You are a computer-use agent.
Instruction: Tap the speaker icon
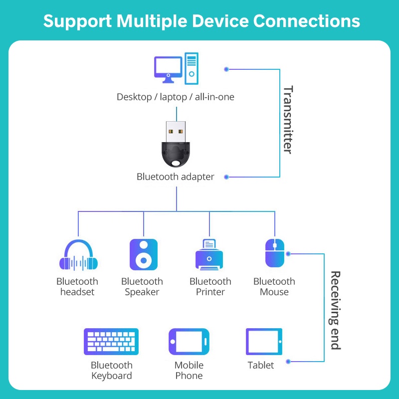[x=144, y=255]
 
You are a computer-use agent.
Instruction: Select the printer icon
[x=209, y=255]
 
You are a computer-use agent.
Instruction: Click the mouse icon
[x=274, y=253]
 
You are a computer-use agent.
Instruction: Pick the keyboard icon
[x=111, y=341]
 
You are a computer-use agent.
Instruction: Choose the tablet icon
[x=264, y=342]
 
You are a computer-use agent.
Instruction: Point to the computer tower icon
[x=192, y=68]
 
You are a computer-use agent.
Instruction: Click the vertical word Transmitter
[x=288, y=120]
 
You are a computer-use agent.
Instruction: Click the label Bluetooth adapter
[x=175, y=177]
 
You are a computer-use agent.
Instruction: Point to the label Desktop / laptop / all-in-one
[x=175, y=97]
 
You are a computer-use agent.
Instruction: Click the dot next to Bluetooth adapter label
[x=226, y=177]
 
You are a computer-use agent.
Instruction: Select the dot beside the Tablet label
[x=288, y=361]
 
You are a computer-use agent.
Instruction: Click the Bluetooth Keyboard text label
[x=111, y=371]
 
